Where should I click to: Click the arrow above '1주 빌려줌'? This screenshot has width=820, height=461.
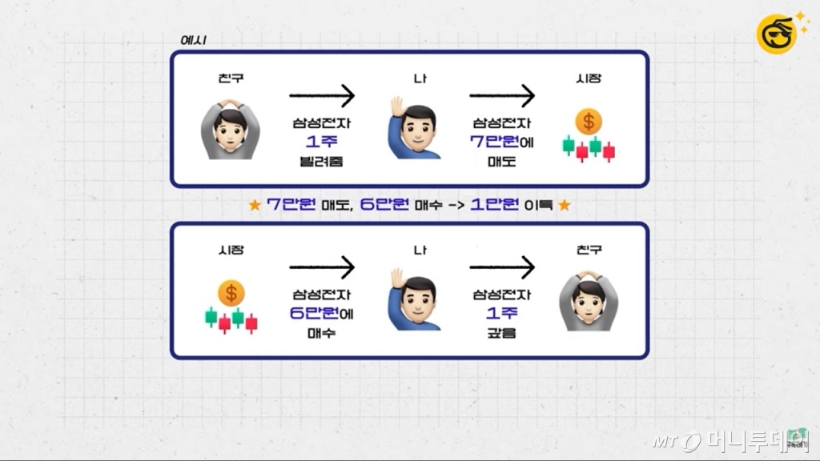point(321,97)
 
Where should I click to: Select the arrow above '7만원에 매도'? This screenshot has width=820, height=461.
point(501,97)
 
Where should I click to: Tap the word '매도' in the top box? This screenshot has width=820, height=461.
point(501,162)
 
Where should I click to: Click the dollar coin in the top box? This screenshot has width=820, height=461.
point(589,122)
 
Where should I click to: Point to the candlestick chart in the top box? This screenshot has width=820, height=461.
point(589,149)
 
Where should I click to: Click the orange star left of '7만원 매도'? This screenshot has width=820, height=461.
point(255,205)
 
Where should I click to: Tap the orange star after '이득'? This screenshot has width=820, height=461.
point(564,205)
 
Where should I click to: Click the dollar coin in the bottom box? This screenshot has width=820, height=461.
point(231,293)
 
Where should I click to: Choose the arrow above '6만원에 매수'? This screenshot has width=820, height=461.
point(321,267)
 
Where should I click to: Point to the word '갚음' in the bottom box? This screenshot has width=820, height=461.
point(501,331)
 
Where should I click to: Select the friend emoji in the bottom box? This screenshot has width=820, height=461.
point(589,300)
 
